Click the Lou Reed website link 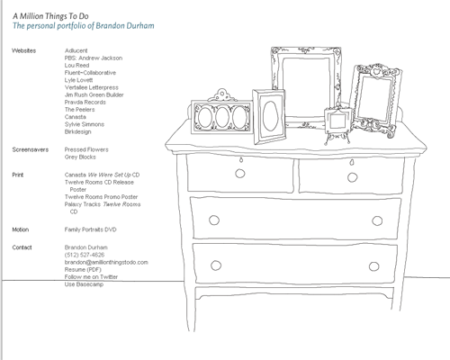(x=76, y=66)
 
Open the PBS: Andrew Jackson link (x=94, y=58)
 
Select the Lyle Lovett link (x=78, y=80)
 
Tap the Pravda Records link (x=85, y=103)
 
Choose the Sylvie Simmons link (x=85, y=124)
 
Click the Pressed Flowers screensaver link (x=86, y=149)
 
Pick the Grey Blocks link (x=80, y=157)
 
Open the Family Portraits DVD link (x=90, y=229)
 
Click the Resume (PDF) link (x=83, y=269)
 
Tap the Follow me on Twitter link (x=91, y=276)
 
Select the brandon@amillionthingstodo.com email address (x=106, y=262)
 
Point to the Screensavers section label (x=31, y=149)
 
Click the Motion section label (x=21, y=229)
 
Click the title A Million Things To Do (x=50, y=16)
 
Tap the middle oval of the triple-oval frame (x=222, y=117)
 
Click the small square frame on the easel (x=338, y=120)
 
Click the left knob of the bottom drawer (x=216, y=265)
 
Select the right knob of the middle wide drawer (x=377, y=220)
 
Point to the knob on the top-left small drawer (x=240, y=174)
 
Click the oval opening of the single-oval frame (x=270, y=116)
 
